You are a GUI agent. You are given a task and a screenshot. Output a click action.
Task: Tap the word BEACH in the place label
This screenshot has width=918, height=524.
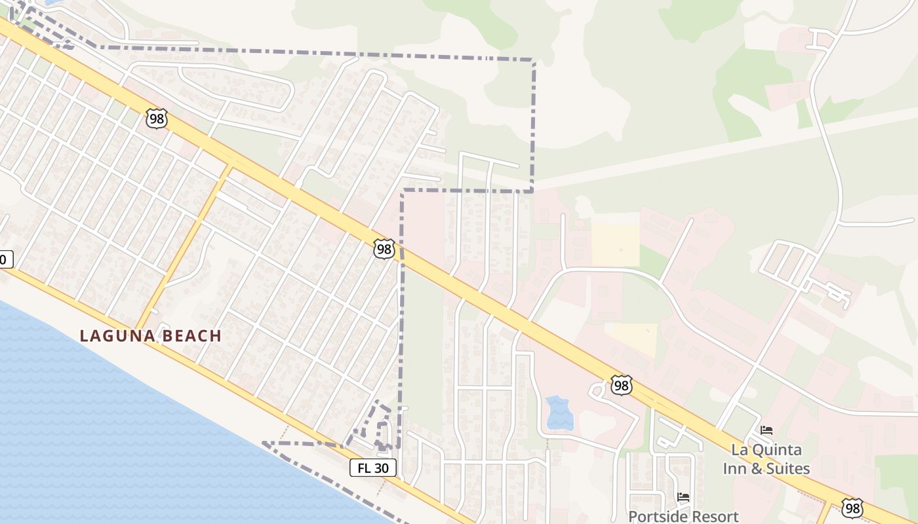click(190, 336)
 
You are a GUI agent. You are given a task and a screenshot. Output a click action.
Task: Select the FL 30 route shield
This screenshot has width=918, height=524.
click(373, 468)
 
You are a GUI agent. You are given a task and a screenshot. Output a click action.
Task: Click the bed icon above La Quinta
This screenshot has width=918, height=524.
click(766, 430)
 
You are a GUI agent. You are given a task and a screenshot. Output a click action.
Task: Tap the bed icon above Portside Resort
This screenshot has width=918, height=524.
click(683, 497)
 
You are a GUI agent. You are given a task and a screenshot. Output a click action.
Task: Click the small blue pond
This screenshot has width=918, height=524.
click(559, 413)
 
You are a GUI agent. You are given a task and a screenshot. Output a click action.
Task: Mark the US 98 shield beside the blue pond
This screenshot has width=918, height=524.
click(620, 385)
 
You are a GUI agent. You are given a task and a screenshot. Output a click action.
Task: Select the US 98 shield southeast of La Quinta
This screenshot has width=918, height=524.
click(852, 508)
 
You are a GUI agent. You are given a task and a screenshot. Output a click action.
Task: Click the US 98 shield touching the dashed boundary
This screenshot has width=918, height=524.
click(385, 248)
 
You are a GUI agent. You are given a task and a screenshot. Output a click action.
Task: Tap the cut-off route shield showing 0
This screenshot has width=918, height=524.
click(5, 259)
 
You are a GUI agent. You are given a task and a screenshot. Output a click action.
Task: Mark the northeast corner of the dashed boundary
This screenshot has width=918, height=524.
click(533, 61)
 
